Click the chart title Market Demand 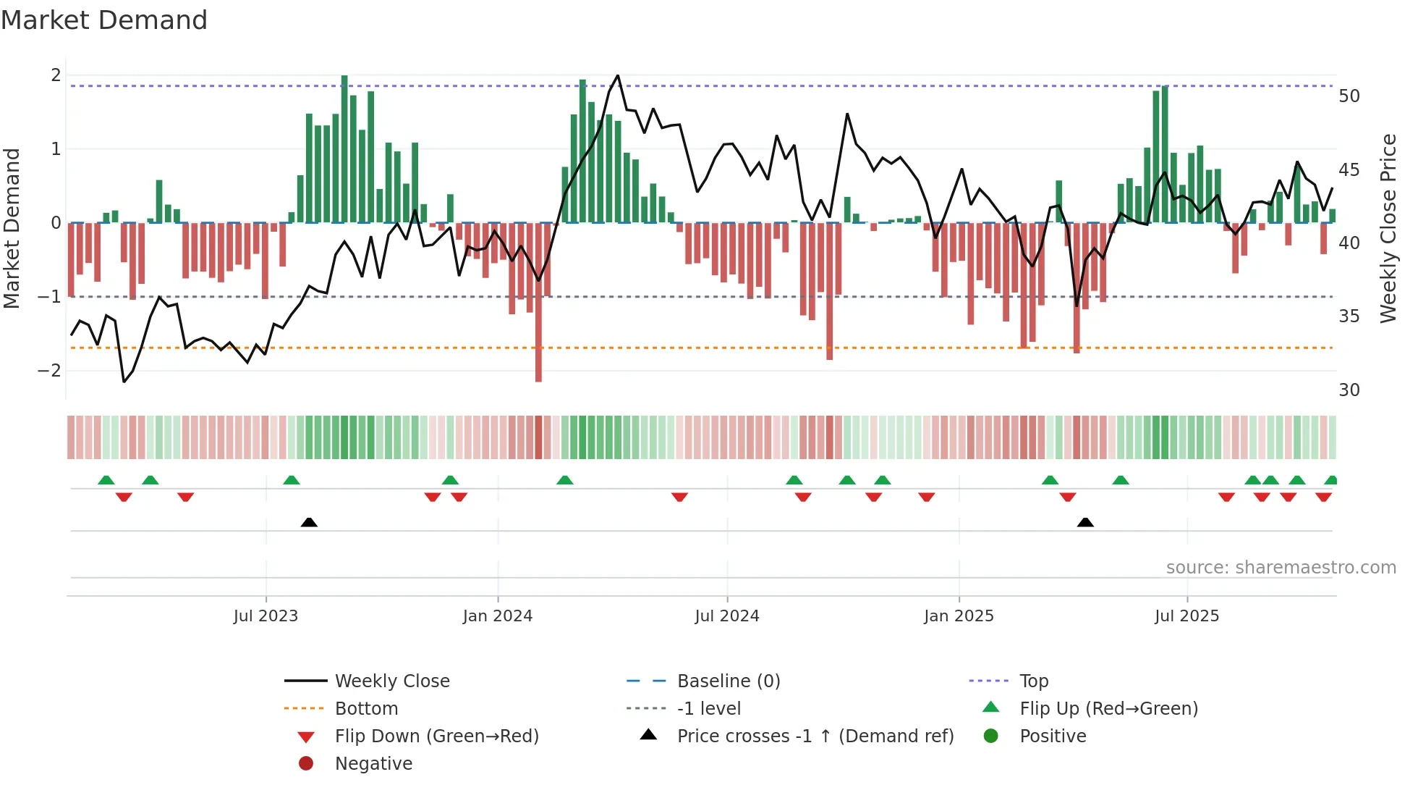104,20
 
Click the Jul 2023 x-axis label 266,616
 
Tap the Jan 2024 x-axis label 498,616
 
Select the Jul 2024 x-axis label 727,616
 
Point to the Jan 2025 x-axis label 959,616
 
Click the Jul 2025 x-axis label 1186,616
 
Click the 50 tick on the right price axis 1349,96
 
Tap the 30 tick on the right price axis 1349,390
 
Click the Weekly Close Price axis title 1388,228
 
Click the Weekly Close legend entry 391,681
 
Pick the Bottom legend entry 366,709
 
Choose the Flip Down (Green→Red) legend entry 436,736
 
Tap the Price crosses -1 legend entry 815,736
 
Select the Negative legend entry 373,764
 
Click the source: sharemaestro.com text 1281,568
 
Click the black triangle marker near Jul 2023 309,522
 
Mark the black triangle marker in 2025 1085,522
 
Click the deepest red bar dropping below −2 538,362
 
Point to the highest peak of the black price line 617,75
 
